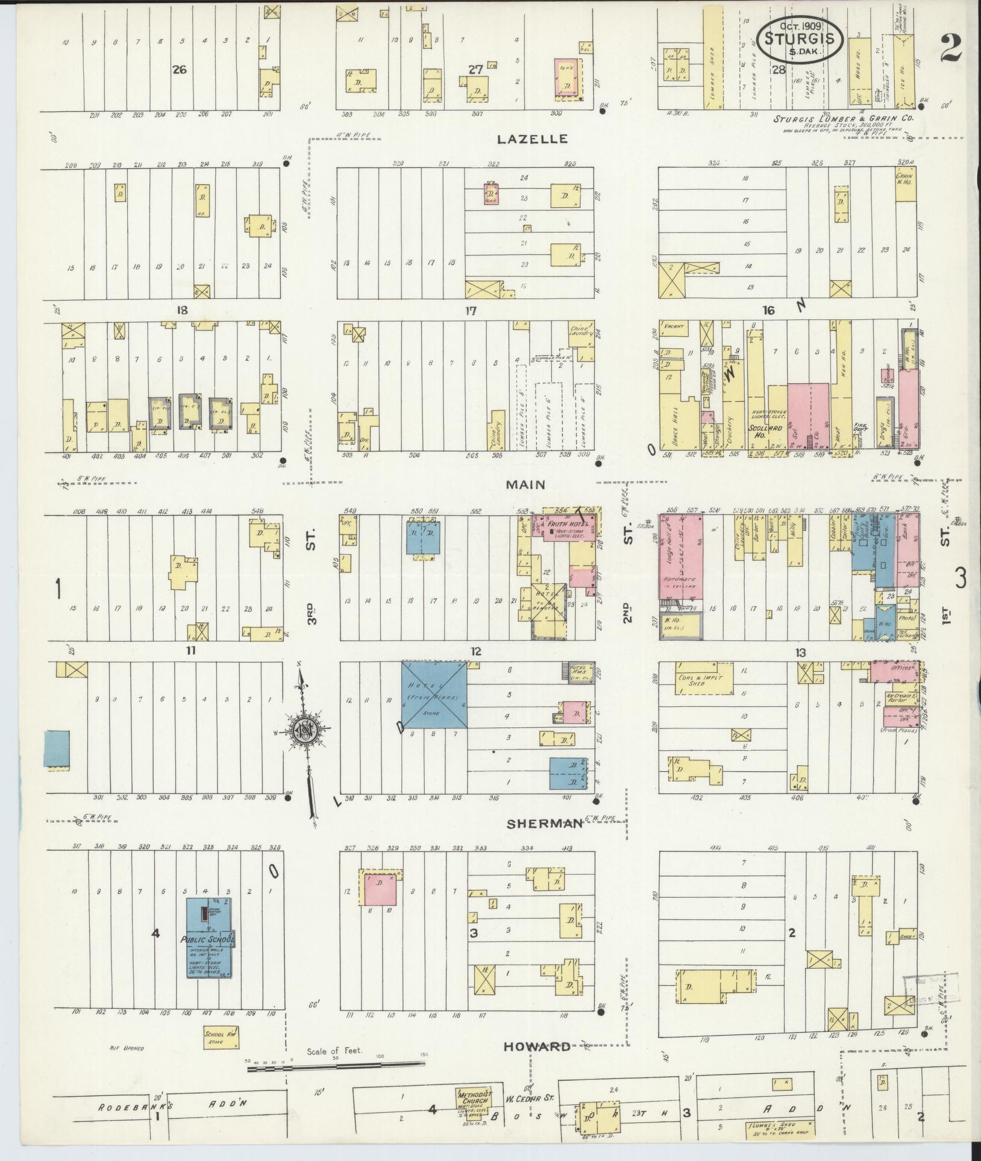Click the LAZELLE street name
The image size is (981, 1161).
[x=532, y=139]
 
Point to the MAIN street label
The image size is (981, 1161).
[x=525, y=484]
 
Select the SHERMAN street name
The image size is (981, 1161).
[x=544, y=823]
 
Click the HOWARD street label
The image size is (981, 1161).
[x=537, y=1046]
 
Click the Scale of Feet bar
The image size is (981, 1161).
[x=337, y=1069]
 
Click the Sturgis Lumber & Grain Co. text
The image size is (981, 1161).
[x=844, y=119]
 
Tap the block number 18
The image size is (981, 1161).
[x=181, y=310]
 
